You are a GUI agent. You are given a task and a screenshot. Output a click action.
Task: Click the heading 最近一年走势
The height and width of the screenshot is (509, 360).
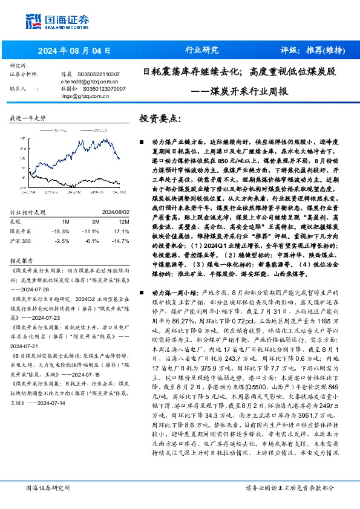28,119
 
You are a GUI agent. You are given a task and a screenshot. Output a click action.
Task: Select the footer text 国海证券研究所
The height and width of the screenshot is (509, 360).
48,487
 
